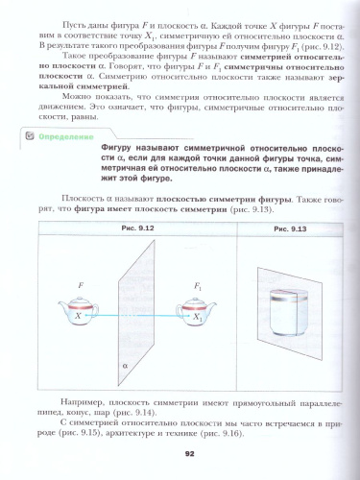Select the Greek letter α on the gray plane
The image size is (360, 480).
pyautogui.click(x=126, y=366)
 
